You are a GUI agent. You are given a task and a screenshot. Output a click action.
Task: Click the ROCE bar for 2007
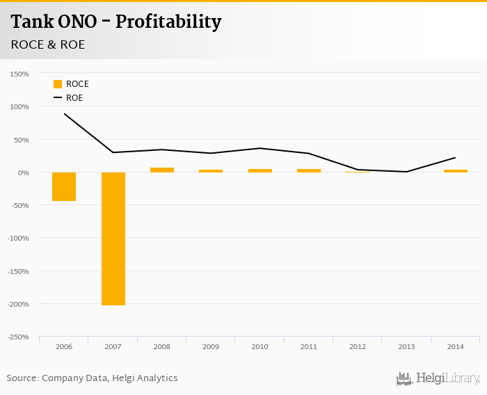tap(113, 239)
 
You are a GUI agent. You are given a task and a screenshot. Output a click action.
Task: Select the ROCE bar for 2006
tap(64, 186)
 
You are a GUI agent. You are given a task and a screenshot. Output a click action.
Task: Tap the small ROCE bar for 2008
tap(162, 170)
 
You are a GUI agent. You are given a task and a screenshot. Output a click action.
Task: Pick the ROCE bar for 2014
tap(456, 170)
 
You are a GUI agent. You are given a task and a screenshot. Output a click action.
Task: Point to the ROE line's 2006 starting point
tap(64, 113)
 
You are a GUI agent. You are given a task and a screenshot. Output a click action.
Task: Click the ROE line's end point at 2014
tap(456, 158)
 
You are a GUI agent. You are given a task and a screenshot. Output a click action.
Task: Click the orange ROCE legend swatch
tap(58, 84)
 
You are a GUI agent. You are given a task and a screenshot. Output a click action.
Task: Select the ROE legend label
tap(74, 98)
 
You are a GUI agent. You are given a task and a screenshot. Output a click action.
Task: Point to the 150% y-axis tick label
tap(19, 74)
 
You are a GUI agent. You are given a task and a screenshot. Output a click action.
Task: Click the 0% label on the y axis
tap(23, 172)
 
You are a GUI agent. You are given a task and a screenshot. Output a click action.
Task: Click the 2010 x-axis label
tap(260, 346)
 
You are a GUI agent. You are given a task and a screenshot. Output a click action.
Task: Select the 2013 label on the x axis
tap(406, 346)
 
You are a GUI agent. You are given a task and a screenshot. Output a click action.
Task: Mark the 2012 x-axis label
tap(358, 346)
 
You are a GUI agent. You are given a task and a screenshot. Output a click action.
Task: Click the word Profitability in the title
tap(168, 22)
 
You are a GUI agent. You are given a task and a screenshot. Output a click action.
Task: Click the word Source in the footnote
tap(22, 378)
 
